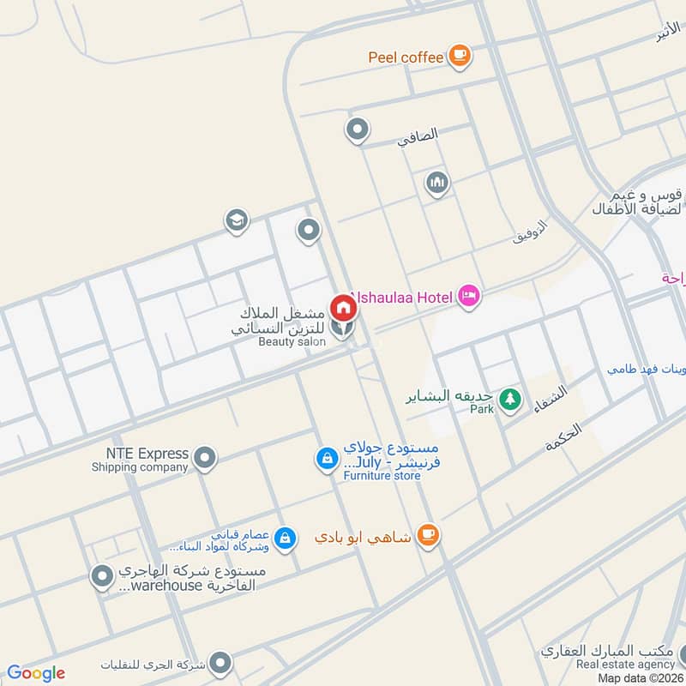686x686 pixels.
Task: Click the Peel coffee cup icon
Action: click(460, 56)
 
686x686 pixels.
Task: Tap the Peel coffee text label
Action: click(406, 57)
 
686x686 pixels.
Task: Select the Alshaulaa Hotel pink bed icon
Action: click(468, 297)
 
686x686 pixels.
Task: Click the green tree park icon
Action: click(511, 399)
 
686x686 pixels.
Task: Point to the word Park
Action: click(482, 410)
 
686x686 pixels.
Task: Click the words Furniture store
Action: click(382, 475)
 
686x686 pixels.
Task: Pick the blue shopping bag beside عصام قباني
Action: click(286, 539)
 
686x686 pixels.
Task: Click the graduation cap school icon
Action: click(237, 221)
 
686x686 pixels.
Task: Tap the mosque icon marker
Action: click(437, 183)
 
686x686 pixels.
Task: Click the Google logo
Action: click(36, 673)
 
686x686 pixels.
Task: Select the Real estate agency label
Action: click(625, 664)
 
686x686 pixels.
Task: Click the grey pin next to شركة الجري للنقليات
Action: click(221, 663)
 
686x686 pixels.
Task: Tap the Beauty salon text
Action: click(292, 341)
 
